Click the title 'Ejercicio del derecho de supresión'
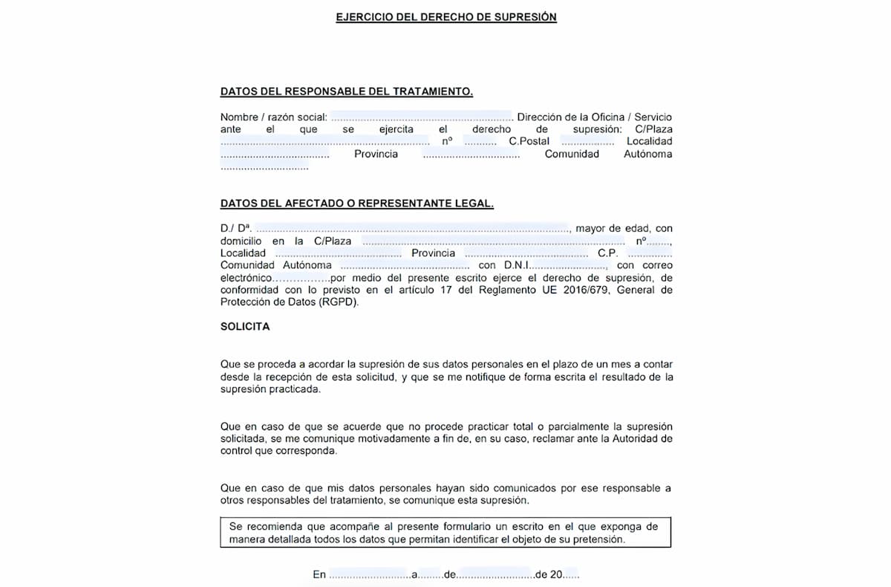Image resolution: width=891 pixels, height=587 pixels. tap(446, 17)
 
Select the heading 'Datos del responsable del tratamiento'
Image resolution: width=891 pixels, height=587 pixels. tap(347, 91)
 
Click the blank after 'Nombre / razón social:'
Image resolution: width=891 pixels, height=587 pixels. tap(422, 117)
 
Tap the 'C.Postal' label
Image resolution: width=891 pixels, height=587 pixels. tap(529, 141)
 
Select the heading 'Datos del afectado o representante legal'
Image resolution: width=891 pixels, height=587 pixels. tap(356, 203)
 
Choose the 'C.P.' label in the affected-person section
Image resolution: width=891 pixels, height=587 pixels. tap(607, 253)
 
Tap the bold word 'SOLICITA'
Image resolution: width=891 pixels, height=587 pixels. tap(245, 326)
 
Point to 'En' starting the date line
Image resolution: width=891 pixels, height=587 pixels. tap(319, 574)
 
